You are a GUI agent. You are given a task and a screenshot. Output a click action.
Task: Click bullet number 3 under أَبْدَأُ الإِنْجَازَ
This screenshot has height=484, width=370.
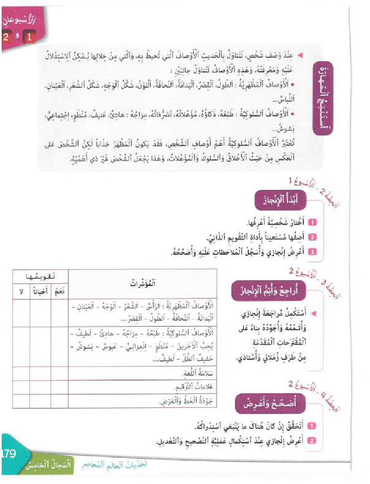point(312,252)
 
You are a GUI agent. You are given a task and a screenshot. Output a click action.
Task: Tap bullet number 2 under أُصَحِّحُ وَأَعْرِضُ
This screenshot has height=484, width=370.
point(312,441)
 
